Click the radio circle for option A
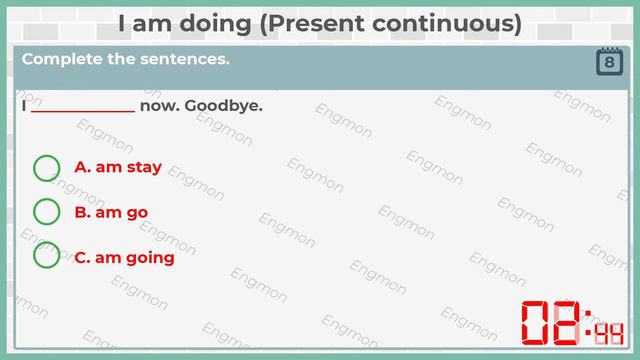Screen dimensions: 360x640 pos(47,168)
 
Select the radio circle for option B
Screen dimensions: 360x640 pos(47,212)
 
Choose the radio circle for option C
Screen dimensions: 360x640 pos(47,257)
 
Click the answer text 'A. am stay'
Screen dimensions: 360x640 pos(118,168)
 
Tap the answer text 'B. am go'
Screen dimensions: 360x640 pos(111,212)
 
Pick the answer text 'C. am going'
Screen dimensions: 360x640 pos(124,258)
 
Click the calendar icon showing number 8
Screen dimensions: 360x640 pos(609,62)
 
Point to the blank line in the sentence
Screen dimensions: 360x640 pos(83,107)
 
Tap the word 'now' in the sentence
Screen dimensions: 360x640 pos(159,106)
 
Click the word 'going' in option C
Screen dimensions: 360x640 pos(149,258)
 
